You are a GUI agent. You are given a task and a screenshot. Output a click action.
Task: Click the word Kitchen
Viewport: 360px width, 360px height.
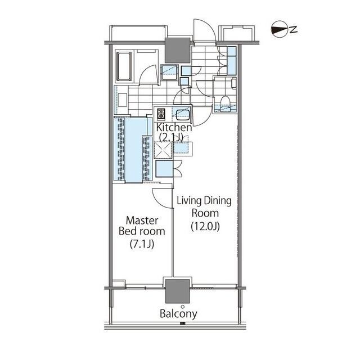point(174,128)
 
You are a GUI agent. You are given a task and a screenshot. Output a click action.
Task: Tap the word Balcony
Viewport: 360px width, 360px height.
point(178,314)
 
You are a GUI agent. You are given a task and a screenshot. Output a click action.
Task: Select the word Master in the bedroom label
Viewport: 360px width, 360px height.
point(142,220)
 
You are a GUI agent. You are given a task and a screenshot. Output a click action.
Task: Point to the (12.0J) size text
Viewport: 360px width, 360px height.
point(205,226)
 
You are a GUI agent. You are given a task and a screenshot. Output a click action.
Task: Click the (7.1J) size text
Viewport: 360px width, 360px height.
point(142,244)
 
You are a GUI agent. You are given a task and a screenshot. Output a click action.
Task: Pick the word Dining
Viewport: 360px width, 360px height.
point(218,201)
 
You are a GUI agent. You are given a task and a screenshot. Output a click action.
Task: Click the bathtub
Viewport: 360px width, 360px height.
point(124,66)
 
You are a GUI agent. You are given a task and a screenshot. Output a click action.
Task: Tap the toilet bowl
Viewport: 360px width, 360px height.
point(225,101)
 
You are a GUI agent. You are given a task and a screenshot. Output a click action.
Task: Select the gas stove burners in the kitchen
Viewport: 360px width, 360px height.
point(161,114)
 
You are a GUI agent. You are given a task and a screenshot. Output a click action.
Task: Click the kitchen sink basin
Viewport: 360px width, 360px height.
point(182,115)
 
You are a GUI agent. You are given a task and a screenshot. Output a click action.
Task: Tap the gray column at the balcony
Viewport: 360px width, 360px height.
point(178,291)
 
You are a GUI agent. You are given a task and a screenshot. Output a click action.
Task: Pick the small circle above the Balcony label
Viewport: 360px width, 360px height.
point(182,307)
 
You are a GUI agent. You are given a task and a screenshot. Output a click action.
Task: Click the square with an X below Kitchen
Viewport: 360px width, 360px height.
point(163,150)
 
